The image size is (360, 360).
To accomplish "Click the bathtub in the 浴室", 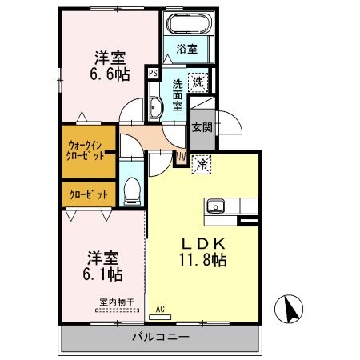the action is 190,22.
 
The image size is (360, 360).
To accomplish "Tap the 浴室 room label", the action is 187,49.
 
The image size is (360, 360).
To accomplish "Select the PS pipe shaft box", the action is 153,73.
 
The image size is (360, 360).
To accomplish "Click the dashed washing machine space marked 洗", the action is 198,82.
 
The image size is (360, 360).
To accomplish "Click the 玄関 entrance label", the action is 202,127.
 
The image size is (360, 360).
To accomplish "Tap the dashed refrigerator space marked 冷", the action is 202,165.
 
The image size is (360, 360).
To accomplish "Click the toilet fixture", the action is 132,191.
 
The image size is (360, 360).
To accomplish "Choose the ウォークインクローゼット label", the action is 85,150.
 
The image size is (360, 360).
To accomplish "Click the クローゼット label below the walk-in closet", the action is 89,195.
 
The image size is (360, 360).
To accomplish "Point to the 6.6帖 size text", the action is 110,74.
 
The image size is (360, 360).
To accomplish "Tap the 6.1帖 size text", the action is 102,274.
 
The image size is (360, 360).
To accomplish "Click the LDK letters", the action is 204,243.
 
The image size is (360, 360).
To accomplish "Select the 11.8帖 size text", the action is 203,260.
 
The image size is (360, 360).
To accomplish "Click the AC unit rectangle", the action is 160,317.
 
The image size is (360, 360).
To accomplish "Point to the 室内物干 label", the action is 117,302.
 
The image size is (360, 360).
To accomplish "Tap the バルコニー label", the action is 161,337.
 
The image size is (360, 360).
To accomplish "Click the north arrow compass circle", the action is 289,309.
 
